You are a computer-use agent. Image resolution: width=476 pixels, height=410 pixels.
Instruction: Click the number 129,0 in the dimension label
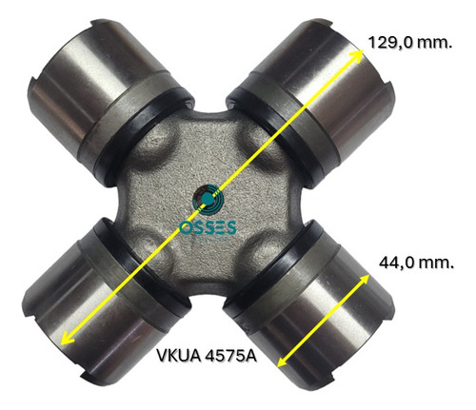[390, 42]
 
